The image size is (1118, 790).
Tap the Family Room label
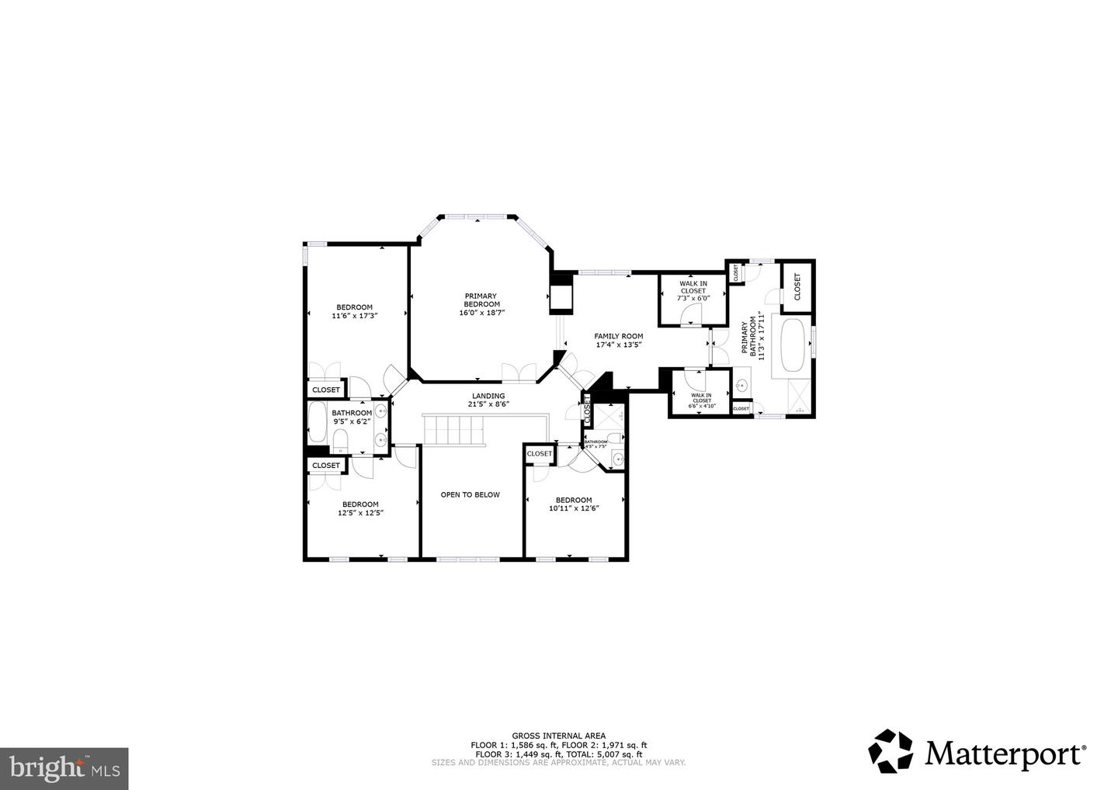pyautogui.click(x=619, y=340)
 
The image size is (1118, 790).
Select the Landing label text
pyautogui.click(x=487, y=399)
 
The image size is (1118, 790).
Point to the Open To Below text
pyautogui.click(x=470, y=494)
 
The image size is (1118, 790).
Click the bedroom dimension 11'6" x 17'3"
pyautogui.click(x=354, y=316)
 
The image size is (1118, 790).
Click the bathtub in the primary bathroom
pyautogui.click(x=792, y=345)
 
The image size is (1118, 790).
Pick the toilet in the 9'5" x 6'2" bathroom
pyautogui.click(x=340, y=442)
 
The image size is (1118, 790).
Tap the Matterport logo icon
pyautogui.click(x=891, y=751)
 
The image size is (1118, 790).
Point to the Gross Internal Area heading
pyautogui.click(x=558, y=736)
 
